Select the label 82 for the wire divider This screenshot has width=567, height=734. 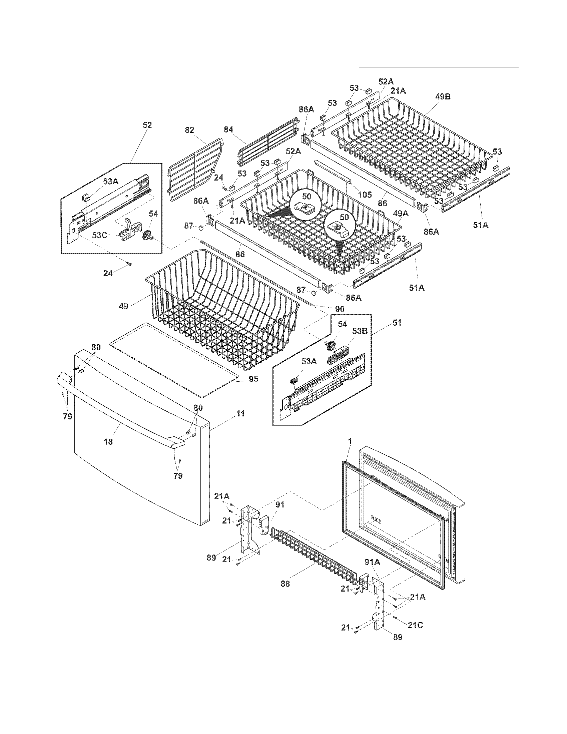tap(190, 130)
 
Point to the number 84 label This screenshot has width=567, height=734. tap(228, 129)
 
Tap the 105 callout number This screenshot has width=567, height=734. tap(365, 194)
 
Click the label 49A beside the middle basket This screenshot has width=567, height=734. tap(401, 213)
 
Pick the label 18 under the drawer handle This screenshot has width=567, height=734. tap(108, 442)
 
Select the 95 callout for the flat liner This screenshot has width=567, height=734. tap(253, 379)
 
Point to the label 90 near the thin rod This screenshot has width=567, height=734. tap(339, 309)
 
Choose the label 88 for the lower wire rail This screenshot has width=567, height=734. tap(285, 584)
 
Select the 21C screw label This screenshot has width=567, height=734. tap(416, 625)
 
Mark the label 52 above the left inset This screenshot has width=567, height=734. tap(147, 125)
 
